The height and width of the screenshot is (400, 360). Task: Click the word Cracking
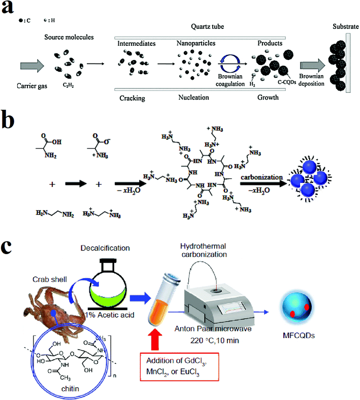(132, 97)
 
